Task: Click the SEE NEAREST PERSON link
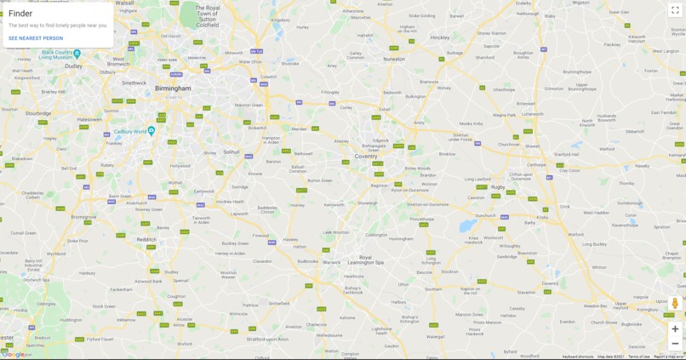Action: pyautogui.click(x=36, y=38)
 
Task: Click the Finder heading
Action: pyautogui.click(x=20, y=14)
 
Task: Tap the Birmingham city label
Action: pyautogui.click(x=173, y=88)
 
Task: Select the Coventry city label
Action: pyautogui.click(x=365, y=156)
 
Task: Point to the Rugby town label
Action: pyautogui.click(x=498, y=186)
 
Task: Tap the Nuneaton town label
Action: pyautogui.click(x=394, y=60)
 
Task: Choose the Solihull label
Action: pyautogui.click(x=232, y=151)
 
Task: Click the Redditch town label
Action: pyautogui.click(x=146, y=239)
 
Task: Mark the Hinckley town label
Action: pyautogui.click(x=440, y=37)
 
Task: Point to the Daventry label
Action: pyautogui.click(x=551, y=283)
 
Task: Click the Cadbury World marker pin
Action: pyautogui.click(x=151, y=130)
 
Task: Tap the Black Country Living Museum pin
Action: pyautogui.click(x=77, y=53)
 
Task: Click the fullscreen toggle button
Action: pyautogui.click(x=675, y=10)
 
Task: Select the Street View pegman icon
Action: pyautogui.click(x=675, y=304)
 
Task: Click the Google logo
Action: pyautogui.click(x=14, y=355)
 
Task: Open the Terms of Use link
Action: pyautogui.click(x=638, y=357)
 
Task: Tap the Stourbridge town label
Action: pyautogui.click(x=38, y=113)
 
